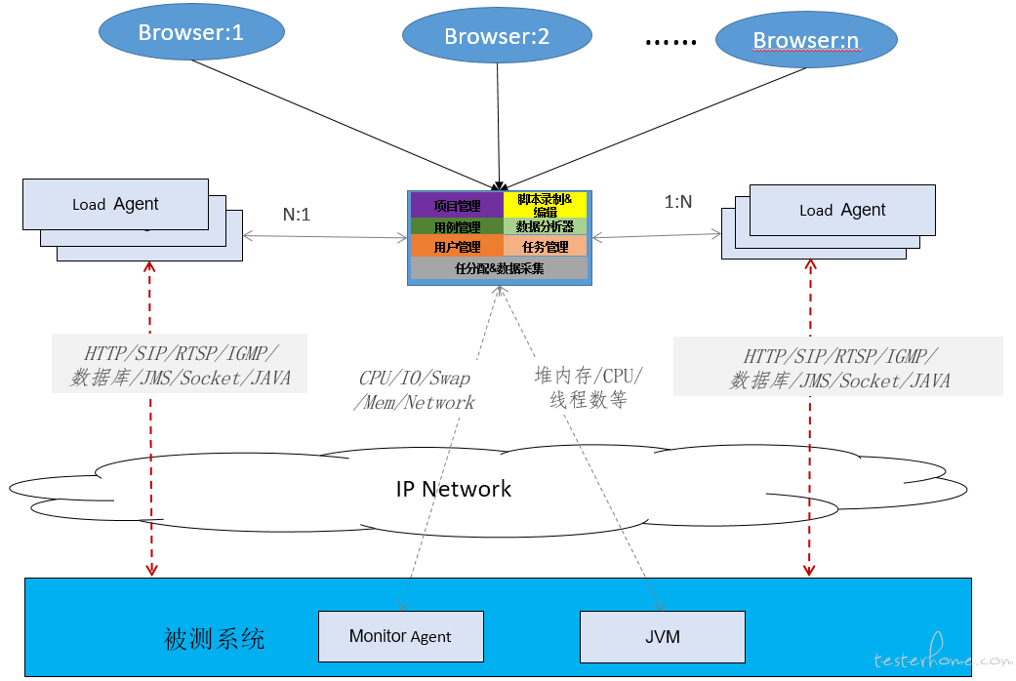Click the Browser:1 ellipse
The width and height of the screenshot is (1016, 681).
[x=191, y=32]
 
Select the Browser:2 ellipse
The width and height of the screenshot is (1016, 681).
[x=497, y=37]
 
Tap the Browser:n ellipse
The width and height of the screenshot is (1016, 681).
[x=805, y=41]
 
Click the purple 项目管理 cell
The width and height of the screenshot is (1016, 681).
[x=457, y=205]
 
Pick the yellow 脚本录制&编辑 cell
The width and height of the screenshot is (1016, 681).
[x=545, y=205]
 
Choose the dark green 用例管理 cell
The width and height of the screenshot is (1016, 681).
[x=457, y=226]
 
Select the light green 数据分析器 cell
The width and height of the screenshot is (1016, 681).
[x=545, y=226]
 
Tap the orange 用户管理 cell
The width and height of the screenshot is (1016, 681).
[x=457, y=247]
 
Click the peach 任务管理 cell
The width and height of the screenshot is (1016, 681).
[x=545, y=247]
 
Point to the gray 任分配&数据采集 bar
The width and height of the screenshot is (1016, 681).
[x=499, y=268]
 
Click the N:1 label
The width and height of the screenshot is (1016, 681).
[x=297, y=215]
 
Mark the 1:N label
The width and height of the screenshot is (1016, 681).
[x=677, y=202]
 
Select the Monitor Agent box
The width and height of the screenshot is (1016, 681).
[x=400, y=637]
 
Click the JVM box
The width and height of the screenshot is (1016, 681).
[x=663, y=637]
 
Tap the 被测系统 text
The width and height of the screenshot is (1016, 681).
[x=215, y=640]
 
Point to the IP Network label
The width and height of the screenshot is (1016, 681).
[x=454, y=489]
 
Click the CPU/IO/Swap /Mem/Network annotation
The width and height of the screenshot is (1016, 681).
[x=415, y=390]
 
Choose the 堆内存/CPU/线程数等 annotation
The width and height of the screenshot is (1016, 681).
[x=589, y=387]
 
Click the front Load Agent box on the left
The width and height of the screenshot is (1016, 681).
[x=115, y=204]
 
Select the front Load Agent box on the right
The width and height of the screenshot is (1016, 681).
[x=842, y=210]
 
